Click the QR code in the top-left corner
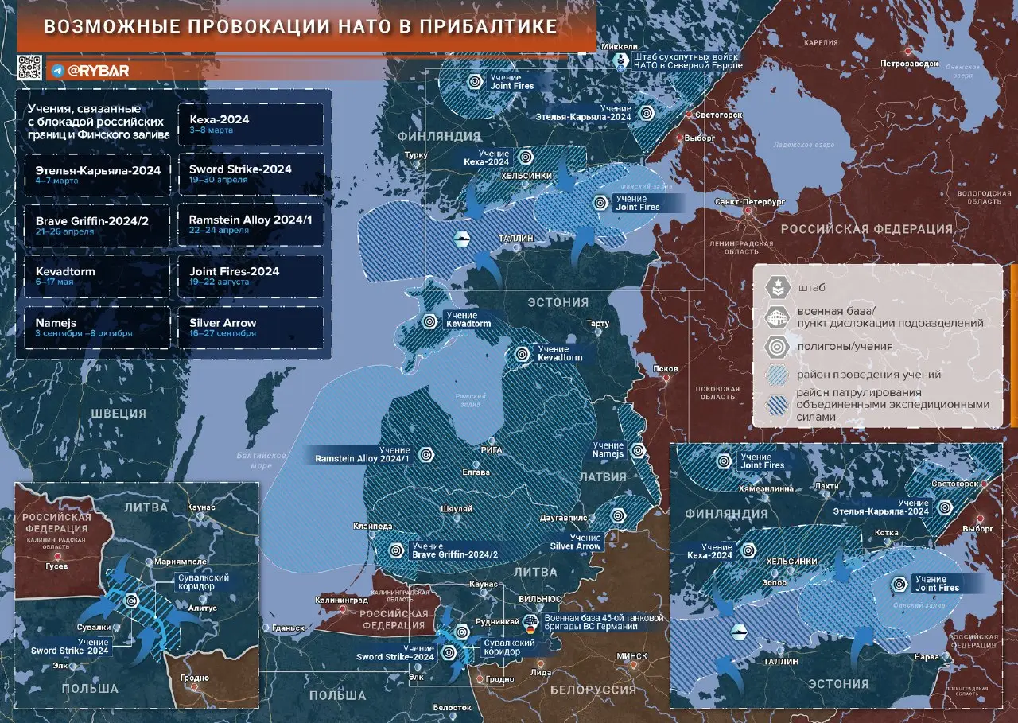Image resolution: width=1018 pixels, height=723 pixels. [29, 68]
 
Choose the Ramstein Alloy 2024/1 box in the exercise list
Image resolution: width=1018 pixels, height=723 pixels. [251, 224]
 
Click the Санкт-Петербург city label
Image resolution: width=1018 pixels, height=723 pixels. [750, 202]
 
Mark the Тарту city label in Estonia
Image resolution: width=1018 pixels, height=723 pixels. [597, 324]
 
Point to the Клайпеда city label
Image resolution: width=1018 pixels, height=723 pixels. [372, 526]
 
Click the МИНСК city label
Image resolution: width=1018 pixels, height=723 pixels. [631, 656]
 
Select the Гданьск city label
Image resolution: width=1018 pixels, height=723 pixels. [288, 628]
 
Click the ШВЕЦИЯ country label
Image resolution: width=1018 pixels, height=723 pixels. [118, 414]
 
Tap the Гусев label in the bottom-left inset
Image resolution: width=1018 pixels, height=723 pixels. [56, 566]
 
